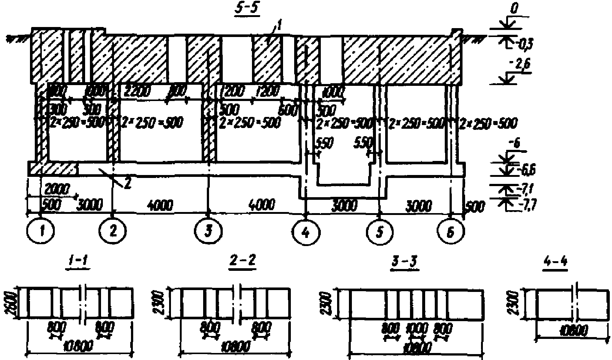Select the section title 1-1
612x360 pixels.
78,262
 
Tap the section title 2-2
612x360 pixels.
242,262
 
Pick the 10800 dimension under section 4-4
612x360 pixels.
572,331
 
